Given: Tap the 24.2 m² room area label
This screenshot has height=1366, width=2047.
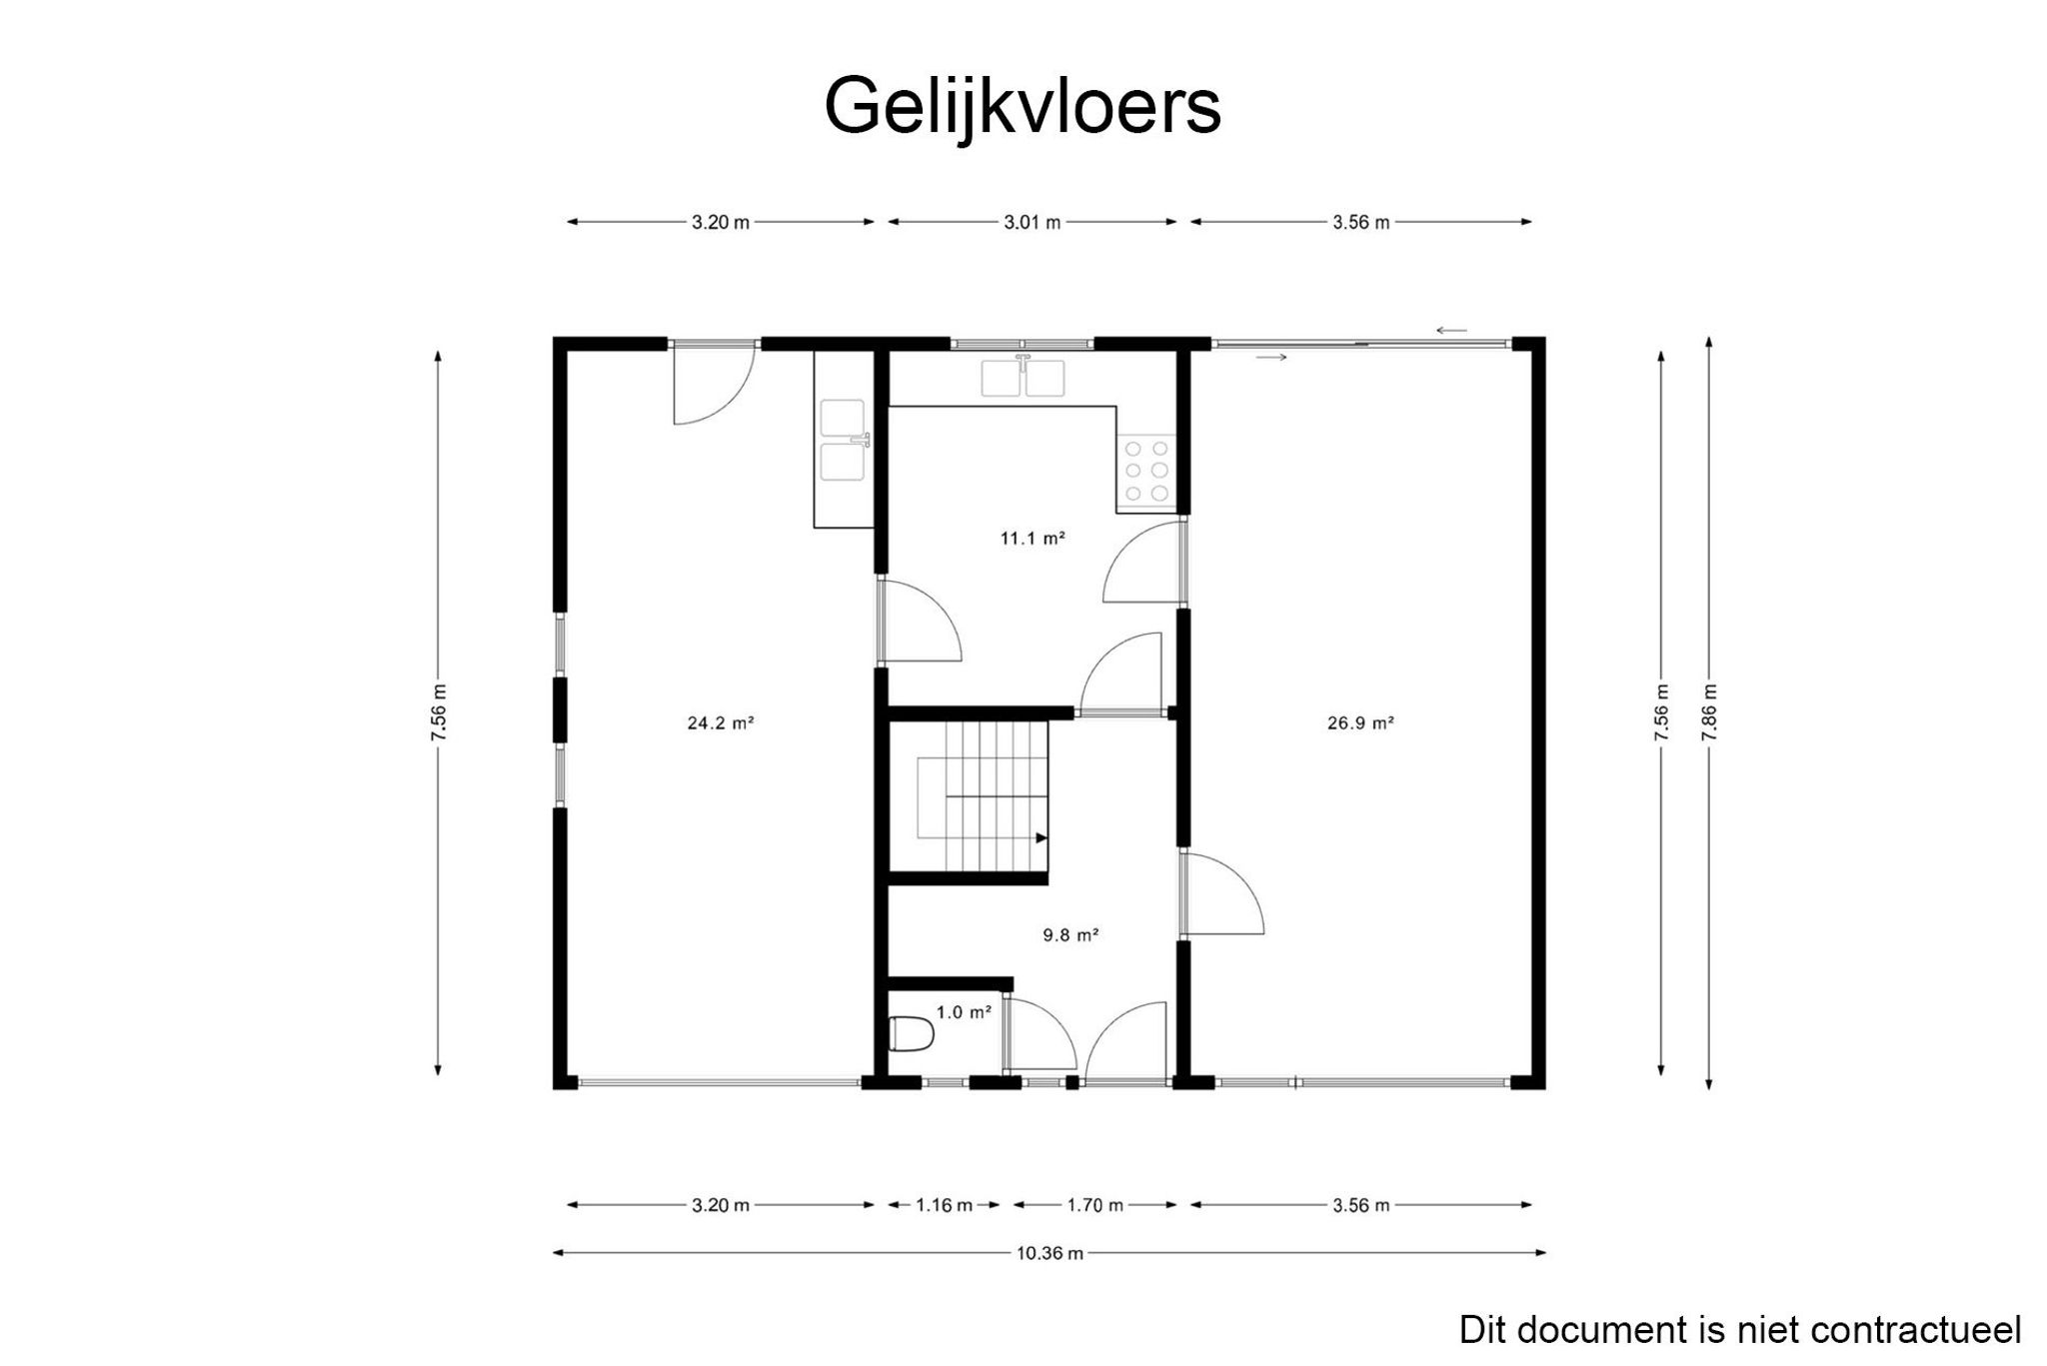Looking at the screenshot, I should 720,723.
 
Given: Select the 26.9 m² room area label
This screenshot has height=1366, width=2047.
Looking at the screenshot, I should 1359,723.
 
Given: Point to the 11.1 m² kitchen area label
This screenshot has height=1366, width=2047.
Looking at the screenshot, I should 1032,539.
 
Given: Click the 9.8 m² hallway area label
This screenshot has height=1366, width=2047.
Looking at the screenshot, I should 1070,935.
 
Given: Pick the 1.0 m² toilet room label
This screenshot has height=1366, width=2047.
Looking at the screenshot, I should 964,1012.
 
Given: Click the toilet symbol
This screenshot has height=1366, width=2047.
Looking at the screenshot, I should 911,1034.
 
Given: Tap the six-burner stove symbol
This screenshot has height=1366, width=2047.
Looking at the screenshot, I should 1146,470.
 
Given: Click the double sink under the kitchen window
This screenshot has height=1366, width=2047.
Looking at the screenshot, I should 1023,378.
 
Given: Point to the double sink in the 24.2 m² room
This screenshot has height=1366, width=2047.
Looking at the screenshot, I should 843,441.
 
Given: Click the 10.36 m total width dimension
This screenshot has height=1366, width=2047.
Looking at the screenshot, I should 1049,1253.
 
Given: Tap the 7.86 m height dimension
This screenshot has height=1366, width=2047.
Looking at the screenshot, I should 1709,712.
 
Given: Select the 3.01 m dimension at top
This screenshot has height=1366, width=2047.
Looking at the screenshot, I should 1031,223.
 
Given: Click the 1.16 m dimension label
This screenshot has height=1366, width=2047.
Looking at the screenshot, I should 944,1205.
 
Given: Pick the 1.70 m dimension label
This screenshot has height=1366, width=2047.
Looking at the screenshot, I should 1094,1205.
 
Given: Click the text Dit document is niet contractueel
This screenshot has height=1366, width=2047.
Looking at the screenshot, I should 1739,1330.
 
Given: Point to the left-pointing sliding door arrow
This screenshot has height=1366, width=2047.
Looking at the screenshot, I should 1451,331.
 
